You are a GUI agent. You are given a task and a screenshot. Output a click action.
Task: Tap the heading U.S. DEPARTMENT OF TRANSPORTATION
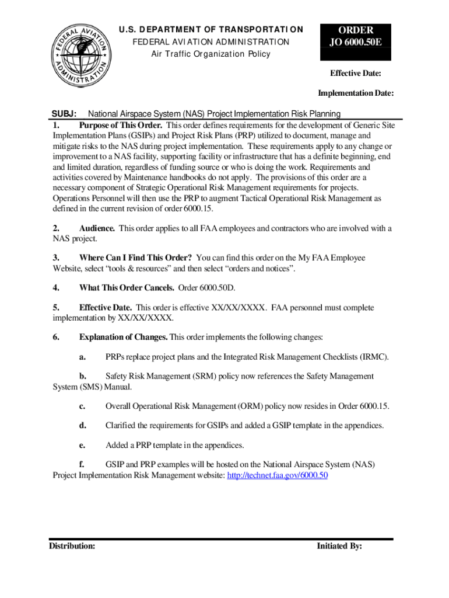click(x=211, y=30)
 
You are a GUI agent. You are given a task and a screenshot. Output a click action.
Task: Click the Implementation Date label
click(x=355, y=93)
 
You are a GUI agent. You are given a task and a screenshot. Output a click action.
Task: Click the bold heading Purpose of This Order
click(x=121, y=125)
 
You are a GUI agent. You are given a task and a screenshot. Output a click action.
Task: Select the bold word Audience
click(x=97, y=228)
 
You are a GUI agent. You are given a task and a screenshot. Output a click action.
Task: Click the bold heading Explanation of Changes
click(x=124, y=338)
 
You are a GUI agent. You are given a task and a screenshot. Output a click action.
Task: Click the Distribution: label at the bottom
click(x=72, y=546)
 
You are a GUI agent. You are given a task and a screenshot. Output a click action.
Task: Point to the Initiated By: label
click(x=339, y=546)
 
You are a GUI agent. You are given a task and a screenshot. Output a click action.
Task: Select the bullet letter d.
click(x=83, y=425)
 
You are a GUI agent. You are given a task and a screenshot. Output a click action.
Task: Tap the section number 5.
click(x=55, y=308)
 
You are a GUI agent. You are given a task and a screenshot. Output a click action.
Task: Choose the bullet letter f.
click(x=82, y=465)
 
